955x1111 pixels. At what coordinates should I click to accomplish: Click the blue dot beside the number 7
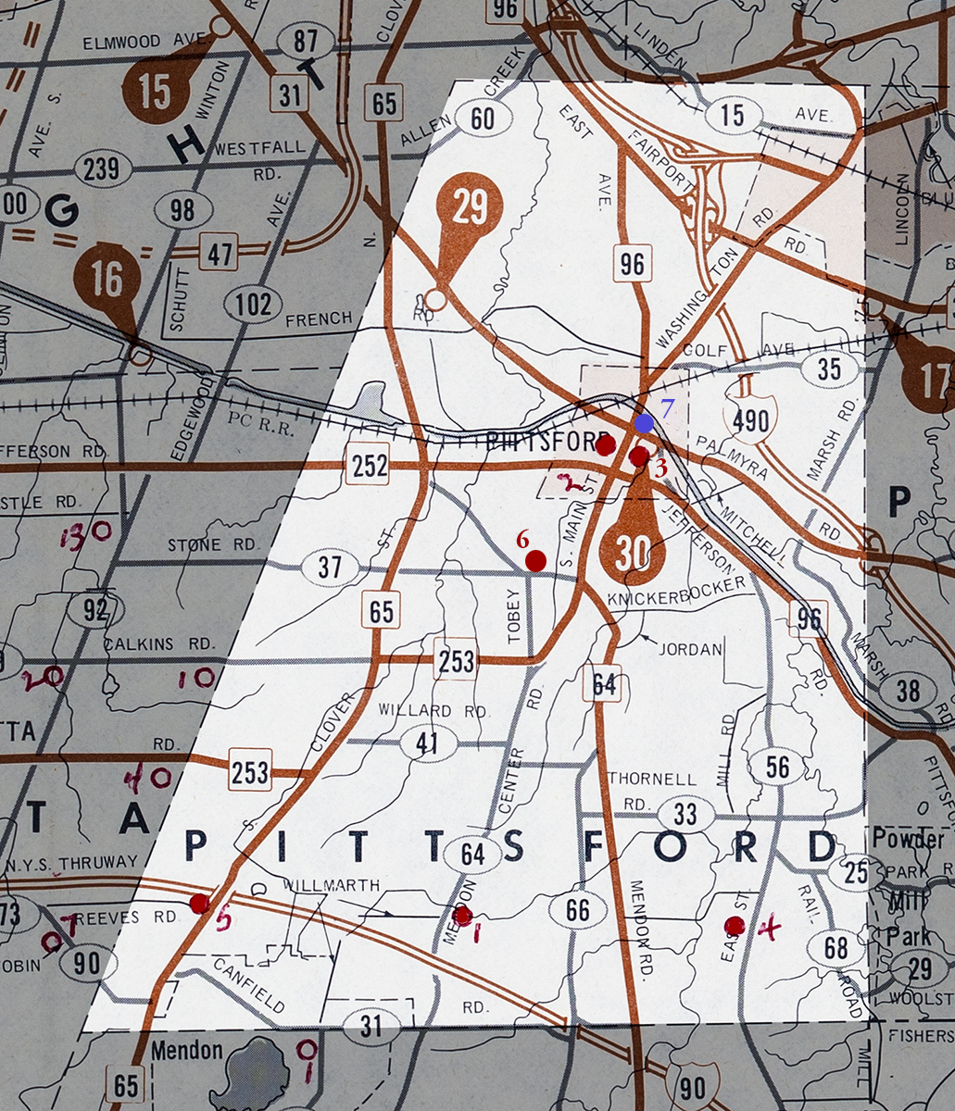point(644,423)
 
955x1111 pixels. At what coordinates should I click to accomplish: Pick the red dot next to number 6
point(534,560)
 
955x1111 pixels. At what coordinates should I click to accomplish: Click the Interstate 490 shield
point(750,421)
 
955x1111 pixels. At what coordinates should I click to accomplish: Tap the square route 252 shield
point(369,468)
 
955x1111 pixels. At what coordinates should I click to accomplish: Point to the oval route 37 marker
point(330,568)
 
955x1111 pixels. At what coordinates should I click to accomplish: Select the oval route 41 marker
point(427,743)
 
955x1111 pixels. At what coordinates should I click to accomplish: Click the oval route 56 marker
point(777,767)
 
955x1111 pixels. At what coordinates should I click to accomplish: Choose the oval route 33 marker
point(685,815)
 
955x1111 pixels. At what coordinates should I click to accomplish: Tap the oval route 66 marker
point(577,909)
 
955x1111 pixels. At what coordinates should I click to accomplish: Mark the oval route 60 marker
point(483,118)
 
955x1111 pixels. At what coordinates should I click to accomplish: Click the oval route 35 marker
point(829,370)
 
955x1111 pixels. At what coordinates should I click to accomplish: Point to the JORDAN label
point(690,649)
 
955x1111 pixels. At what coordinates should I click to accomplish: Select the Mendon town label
point(188,1051)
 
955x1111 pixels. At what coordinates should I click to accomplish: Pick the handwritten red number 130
point(87,533)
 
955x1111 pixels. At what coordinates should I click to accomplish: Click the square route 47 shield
point(219,251)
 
